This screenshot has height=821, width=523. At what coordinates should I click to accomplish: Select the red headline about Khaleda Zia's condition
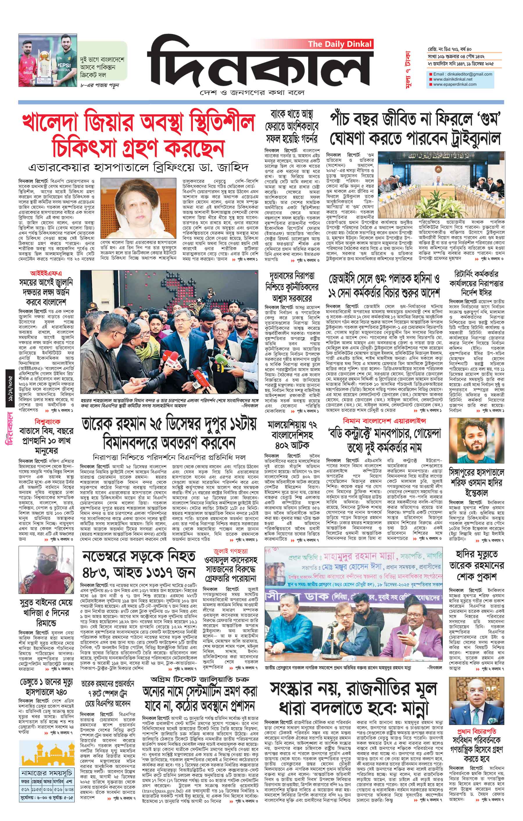138,135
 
